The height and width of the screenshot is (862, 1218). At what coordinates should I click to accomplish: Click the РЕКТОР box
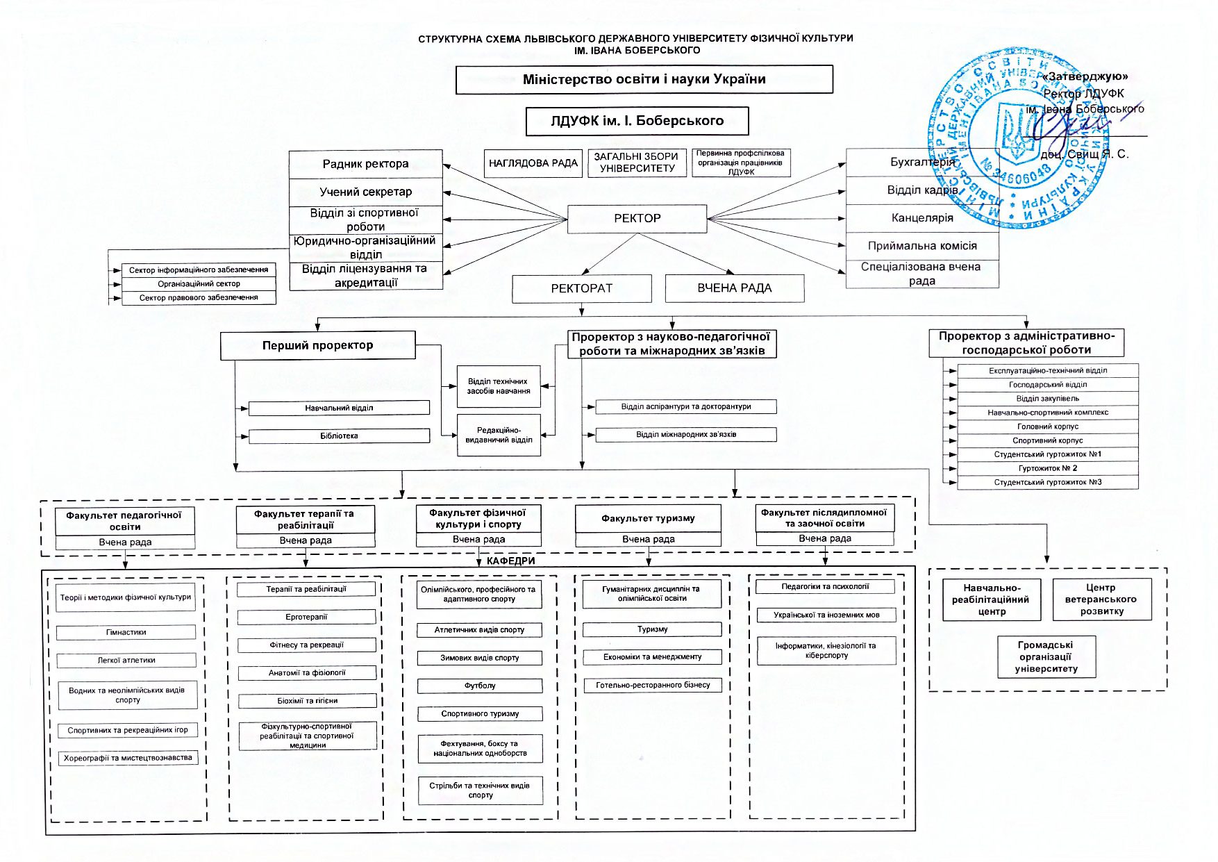point(637,218)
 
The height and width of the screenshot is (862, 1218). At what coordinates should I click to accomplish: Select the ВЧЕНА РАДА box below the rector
point(734,288)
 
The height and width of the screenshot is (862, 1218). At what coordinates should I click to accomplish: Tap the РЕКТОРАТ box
point(581,288)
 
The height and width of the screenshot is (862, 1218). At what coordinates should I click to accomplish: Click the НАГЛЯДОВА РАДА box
point(533,163)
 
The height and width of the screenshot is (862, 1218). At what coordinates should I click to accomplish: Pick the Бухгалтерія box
point(922,162)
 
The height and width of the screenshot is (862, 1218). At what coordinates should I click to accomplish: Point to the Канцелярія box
point(922,218)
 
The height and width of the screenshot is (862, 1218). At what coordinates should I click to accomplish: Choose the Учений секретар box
point(365,192)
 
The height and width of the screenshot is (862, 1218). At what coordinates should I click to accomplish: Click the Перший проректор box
point(317,345)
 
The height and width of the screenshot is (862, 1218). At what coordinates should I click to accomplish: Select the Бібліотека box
point(339,436)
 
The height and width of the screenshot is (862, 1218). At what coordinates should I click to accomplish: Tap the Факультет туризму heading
point(648,518)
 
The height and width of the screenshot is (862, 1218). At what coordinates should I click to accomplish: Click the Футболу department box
point(479,686)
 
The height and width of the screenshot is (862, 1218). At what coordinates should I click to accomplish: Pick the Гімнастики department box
point(126,632)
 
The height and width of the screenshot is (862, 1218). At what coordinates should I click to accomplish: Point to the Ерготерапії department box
point(306,617)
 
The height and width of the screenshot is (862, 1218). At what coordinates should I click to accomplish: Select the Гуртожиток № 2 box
point(1047,468)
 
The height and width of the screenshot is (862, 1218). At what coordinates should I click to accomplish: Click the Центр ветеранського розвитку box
point(1101,599)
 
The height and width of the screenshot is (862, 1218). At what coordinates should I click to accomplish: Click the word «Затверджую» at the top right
point(1085,76)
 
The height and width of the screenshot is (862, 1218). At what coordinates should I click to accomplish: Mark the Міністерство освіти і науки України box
point(644,79)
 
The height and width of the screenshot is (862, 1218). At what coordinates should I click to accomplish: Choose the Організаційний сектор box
point(199,283)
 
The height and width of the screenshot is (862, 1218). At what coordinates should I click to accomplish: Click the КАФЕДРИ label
point(510,561)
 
